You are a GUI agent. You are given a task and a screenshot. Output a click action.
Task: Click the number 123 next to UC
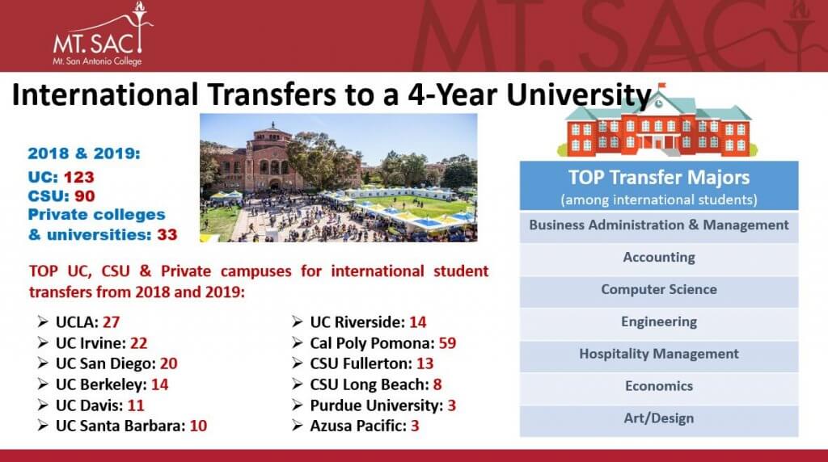pyautogui.click(x=78, y=177)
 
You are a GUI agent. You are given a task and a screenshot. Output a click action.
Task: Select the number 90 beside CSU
pyautogui.click(x=84, y=196)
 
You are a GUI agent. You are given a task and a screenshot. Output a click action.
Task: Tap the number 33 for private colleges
pyautogui.click(x=167, y=235)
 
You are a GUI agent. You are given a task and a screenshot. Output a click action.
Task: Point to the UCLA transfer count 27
pyautogui.click(x=111, y=322)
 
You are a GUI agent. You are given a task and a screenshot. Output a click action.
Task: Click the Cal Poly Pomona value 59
pyautogui.click(x=447, y=343)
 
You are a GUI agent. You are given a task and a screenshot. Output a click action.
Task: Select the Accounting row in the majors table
pyautogui.click(x=659, y=258)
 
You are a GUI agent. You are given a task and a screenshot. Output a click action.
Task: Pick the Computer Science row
pyautogui.click(x=659, y=290)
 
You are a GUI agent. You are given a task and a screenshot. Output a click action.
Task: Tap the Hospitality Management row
pyautogui.click(x=659, y=355)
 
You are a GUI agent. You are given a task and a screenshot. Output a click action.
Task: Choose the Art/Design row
pyautogui.click(x=659, y=419)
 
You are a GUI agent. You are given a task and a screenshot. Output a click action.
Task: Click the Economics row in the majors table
pyautogui.click(x=659, y=387)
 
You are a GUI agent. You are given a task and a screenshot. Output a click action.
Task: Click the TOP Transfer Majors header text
pyautogui.click(x=659, y=178)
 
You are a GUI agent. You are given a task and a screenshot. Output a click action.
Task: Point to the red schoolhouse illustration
pyautogui.click(x=657, y=121)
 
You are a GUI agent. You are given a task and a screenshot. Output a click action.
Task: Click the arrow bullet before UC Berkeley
pyautogui.click(x=43, y=384)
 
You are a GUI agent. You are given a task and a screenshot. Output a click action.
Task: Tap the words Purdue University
pyautogui.click(x=374, y=405)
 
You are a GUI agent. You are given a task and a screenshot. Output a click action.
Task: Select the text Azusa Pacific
pyautogui.click(x=357, y=426)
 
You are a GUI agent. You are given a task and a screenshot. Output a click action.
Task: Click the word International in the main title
pyautogui.click(x=105, y=95)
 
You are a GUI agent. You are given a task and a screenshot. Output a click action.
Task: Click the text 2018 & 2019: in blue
pyautogui.click(x=84, y=153)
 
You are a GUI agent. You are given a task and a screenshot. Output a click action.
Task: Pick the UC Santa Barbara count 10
pyautogui.click(x=199, y=426)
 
